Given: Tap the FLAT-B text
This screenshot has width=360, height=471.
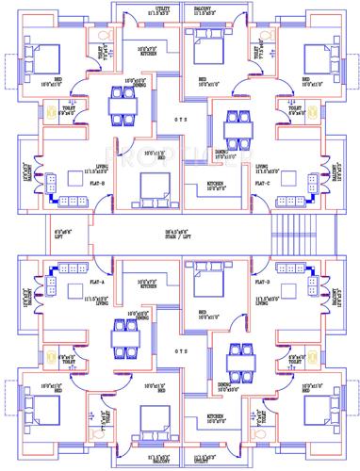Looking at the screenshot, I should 97,183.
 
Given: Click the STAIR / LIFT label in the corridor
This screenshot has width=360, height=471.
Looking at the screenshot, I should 180,233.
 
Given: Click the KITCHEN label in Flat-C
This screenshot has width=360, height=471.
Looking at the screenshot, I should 214,184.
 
